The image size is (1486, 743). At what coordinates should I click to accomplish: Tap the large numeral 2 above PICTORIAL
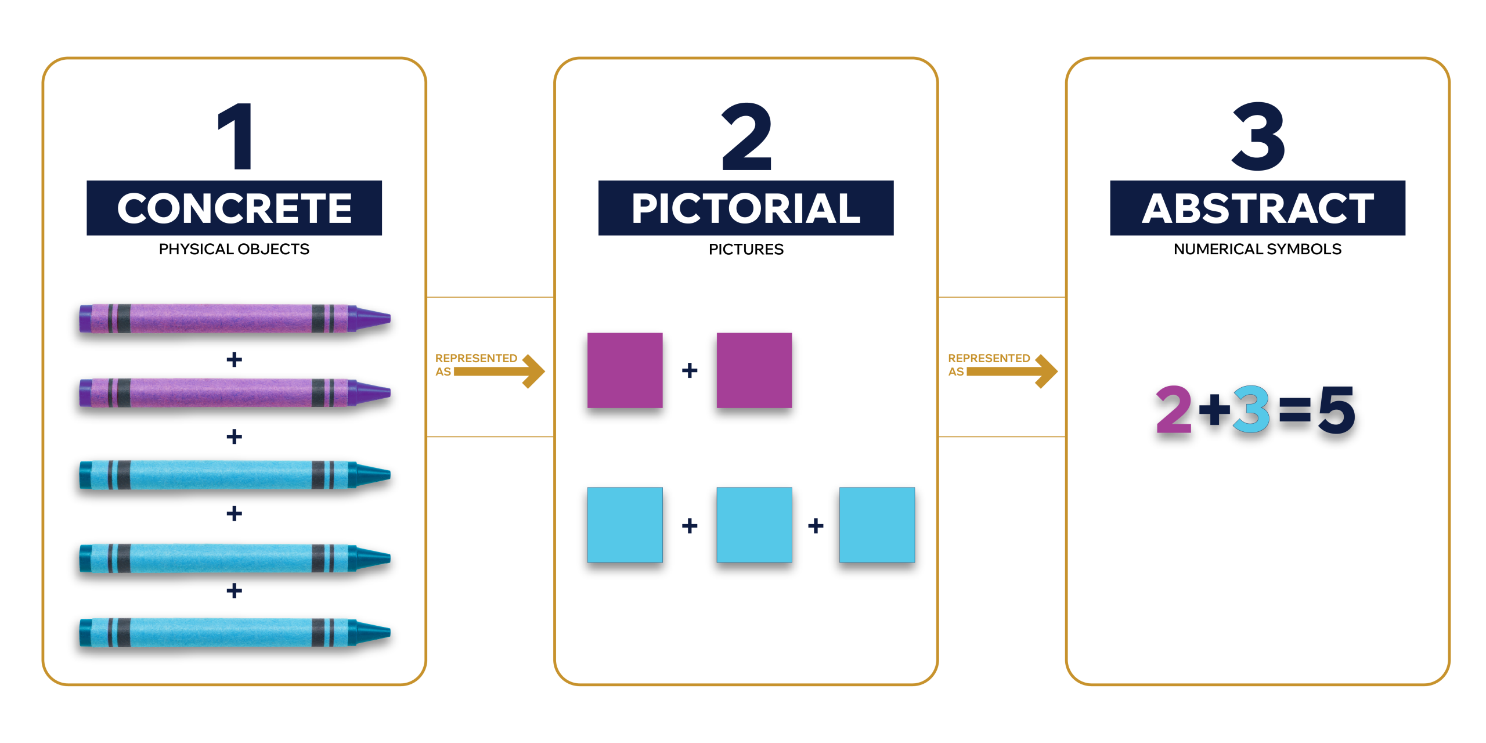pos(746,137)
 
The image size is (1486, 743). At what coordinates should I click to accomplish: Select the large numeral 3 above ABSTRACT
pos(1258,137)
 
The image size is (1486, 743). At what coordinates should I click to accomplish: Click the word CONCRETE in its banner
pos(235,208)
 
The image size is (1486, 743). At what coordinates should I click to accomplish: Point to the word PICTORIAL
pos(746,208)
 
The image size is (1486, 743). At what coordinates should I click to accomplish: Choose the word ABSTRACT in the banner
pos(1258,208)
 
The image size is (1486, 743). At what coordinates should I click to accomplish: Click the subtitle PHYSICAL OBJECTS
pos(234,249)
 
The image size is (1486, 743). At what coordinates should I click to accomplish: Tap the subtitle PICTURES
pos(746,249)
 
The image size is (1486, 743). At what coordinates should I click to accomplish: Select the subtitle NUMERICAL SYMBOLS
pos(1257,249)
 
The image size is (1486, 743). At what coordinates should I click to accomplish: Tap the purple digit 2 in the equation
pos(1174,410)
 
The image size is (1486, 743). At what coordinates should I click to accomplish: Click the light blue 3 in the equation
pos(1251,410)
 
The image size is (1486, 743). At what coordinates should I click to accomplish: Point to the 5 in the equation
pos(1336,410)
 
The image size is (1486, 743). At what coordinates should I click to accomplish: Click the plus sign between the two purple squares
pos(690,370)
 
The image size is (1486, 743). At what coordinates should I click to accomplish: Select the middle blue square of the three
pos(754,525)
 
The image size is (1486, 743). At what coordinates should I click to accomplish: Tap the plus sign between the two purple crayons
pos(234,360)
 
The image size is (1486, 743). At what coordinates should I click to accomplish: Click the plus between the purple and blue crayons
pos(234,437)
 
